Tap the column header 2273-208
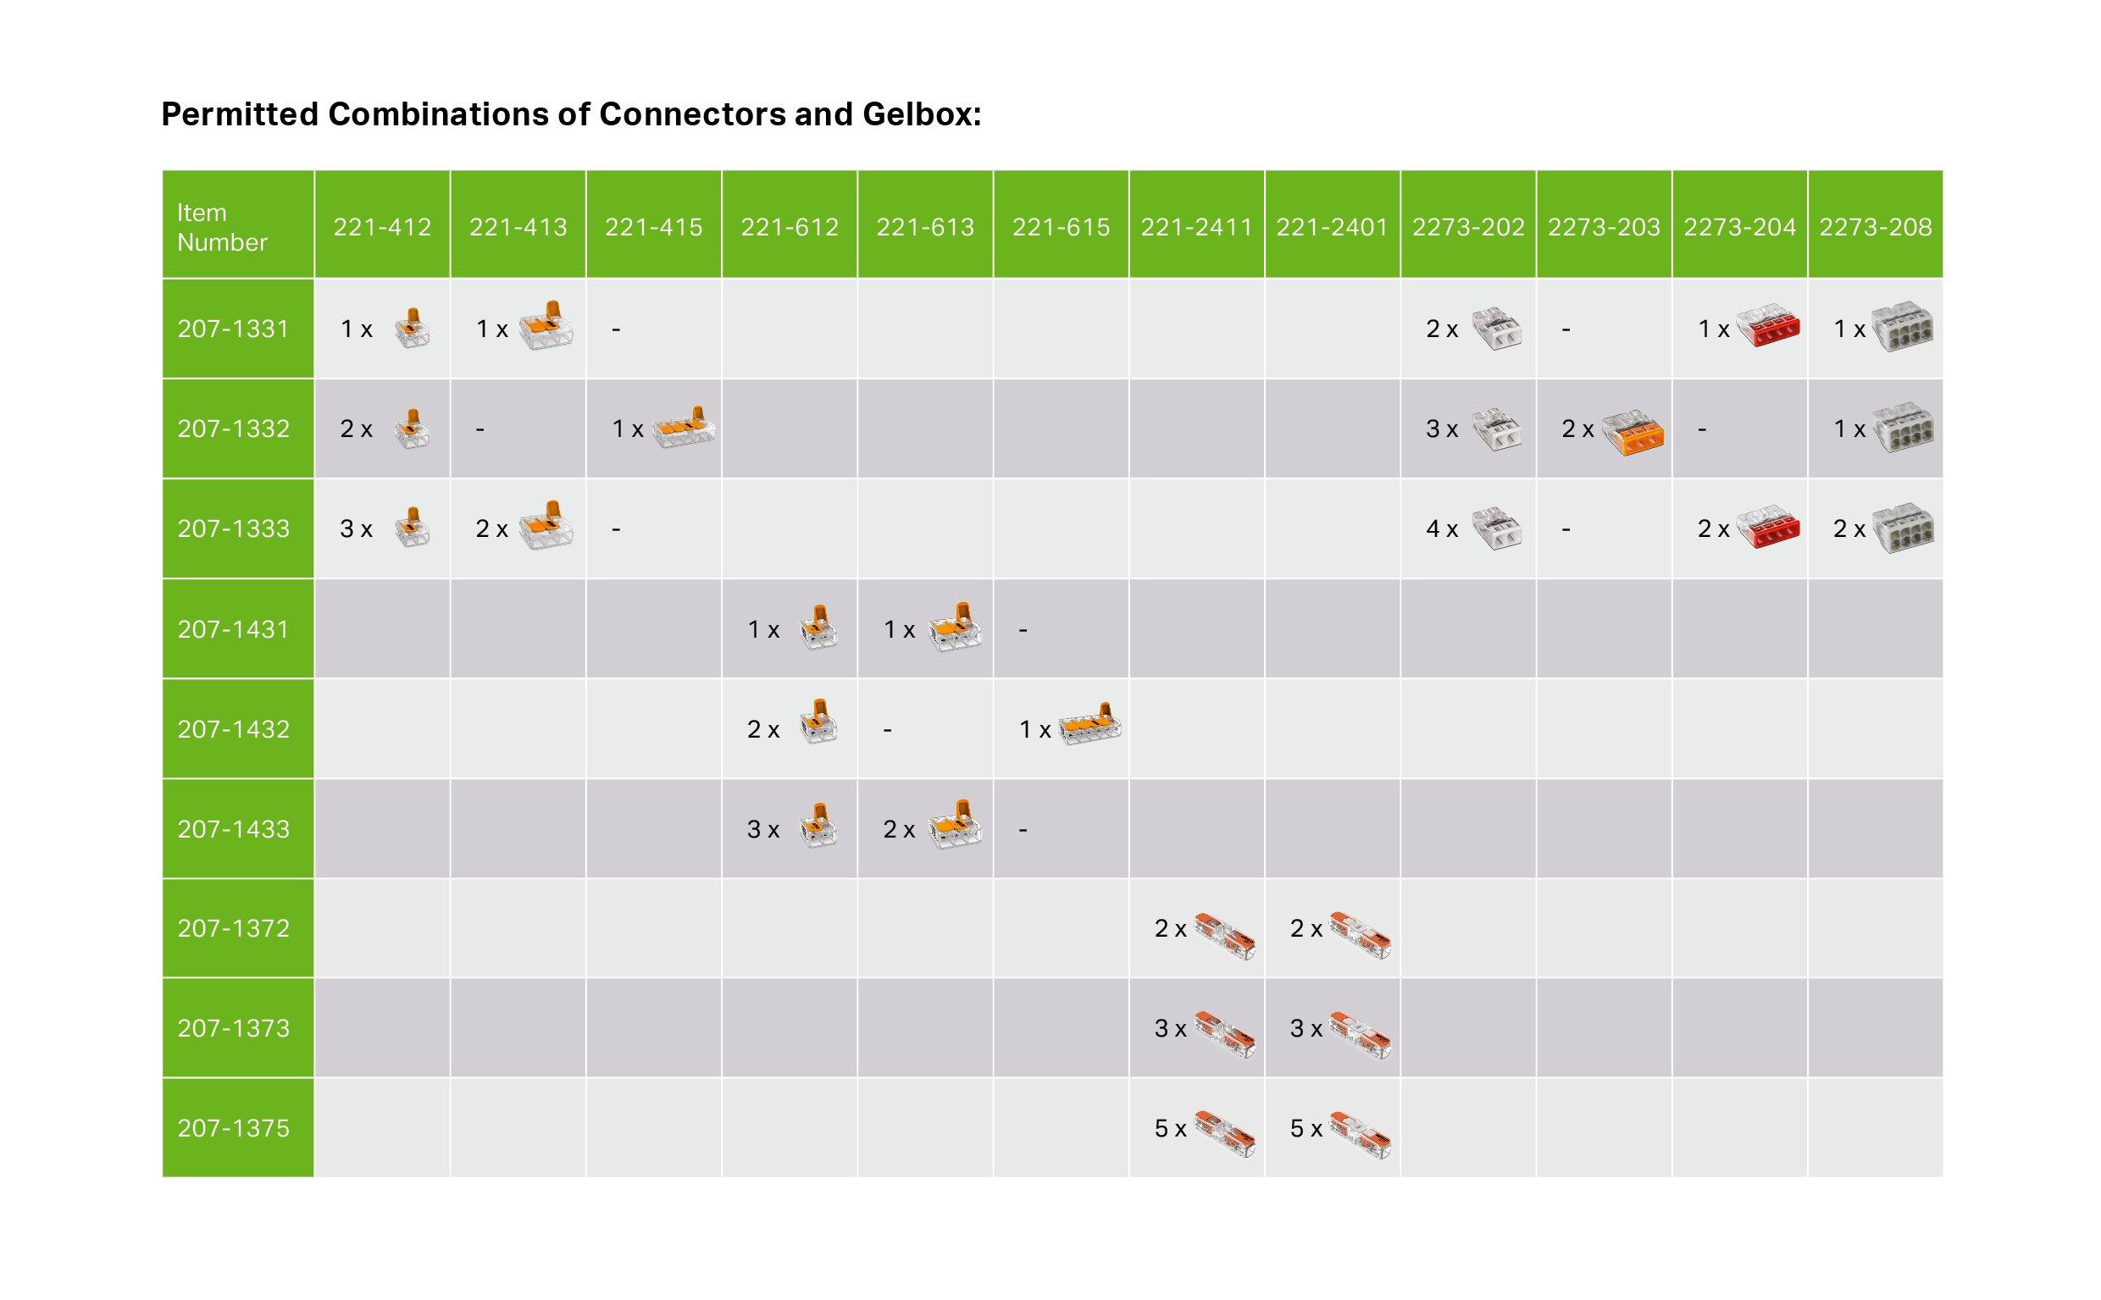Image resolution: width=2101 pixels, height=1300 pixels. coord(1875,227)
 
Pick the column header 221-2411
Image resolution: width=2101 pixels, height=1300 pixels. coord(1195,227)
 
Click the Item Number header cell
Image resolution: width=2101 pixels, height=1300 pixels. coord(221,227)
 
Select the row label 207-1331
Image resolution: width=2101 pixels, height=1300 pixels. coord(233,329)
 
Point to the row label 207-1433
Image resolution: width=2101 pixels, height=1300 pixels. coord(233,829)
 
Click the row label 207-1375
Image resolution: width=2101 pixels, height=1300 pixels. coord(233,1128)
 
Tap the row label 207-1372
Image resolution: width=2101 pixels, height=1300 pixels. coord(233,928)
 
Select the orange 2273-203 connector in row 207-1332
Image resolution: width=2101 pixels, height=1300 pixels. coord(1633,431)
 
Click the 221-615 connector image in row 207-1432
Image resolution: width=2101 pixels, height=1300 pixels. coord(1089,724)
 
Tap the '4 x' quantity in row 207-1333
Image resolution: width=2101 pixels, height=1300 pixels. coord(1441,528)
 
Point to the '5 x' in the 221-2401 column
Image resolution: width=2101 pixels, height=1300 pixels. coord(1306,1128)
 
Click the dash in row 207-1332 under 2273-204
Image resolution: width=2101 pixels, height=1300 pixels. coord(1701,429)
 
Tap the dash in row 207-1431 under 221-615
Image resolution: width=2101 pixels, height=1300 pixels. coord(1023,630)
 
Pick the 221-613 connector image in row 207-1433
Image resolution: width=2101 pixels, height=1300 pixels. coord(955,825)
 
